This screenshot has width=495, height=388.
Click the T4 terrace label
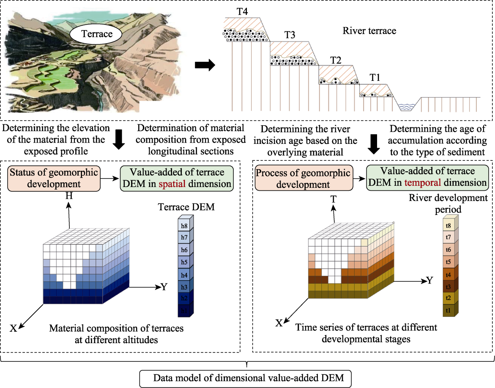point(242,12)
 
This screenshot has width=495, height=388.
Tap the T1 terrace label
point(375,77)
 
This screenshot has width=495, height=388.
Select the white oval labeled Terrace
point(96,34)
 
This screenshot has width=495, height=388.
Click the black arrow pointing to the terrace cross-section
point(205,66)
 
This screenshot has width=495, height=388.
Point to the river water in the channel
point(406,107)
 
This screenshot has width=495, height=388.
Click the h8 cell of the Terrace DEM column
point(184,226)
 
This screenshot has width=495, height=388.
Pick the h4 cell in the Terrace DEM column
point(184,275)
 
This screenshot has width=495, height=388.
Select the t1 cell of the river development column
point(448,311)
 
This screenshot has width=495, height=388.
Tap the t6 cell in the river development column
point(448,250)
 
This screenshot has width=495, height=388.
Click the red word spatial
point(172,184)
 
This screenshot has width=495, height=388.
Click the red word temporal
point(422,183)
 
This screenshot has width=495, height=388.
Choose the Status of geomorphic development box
point(54,179)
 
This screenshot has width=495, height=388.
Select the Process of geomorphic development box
point(304,178)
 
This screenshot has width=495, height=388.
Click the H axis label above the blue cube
point(69,196)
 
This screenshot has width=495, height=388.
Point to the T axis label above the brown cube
point(334,199)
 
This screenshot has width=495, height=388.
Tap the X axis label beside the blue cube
point(13,329)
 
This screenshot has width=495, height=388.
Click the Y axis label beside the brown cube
point(429,281)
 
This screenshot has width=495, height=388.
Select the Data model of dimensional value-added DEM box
point(246,378)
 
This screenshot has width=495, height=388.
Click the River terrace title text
point(369,30)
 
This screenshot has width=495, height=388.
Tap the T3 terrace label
point(290,35)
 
